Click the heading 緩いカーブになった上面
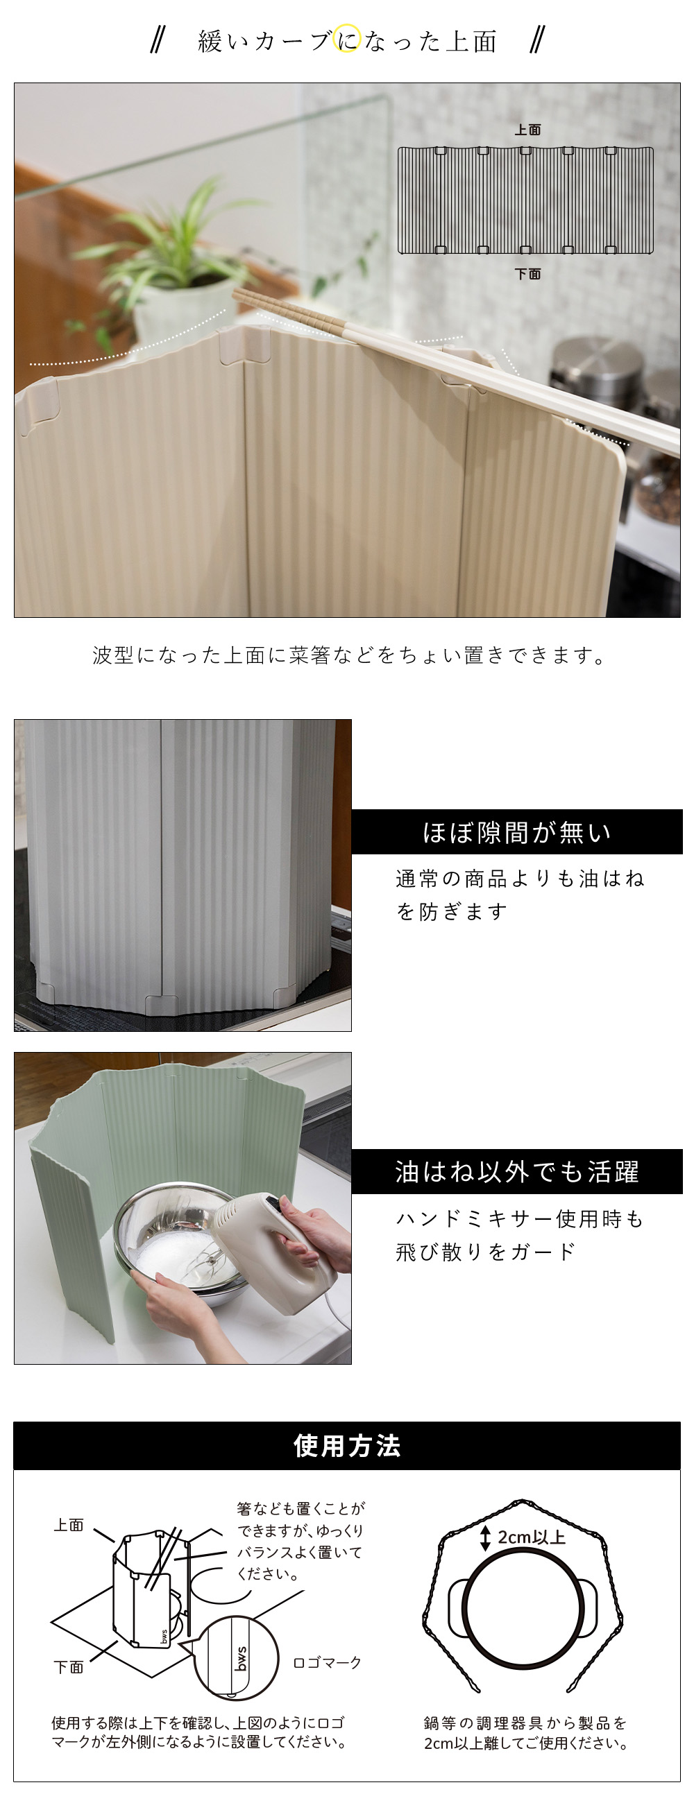point(348,42)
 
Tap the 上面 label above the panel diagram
point(527,130)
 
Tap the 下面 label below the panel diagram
point(528,274)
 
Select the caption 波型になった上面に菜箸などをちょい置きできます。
point(348,655)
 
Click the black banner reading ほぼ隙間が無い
point(517,831)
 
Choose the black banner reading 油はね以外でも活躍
point(517,1171)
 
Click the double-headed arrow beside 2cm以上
point(485,1537)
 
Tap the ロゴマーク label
point(326,1662)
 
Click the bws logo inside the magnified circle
point(241,1659)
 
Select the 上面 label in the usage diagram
point(69,1525)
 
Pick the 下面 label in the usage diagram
point(69,1666)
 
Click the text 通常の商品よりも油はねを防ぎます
point(520,895)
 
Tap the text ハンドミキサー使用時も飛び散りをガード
point(520,1234)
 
